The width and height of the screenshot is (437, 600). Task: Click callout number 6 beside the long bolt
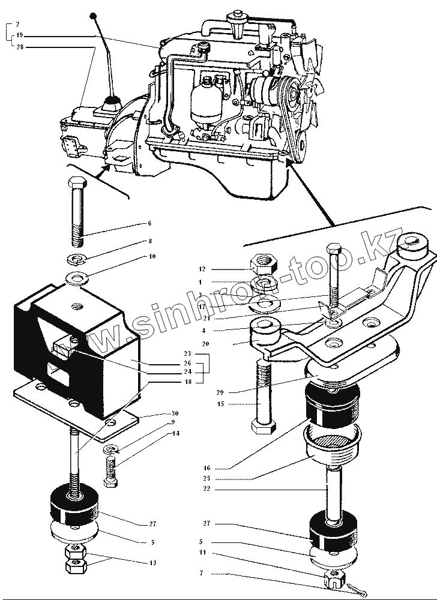click(149, 223)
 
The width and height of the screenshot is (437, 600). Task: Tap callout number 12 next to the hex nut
click(202, 269)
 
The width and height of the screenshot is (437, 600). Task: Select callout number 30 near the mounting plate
click(175, 413)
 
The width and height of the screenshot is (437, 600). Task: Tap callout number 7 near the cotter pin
click(201, 573)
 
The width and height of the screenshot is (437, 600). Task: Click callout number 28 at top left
click(20, 46)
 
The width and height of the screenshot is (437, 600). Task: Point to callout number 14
click(175, 432)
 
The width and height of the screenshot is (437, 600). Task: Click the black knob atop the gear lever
click(93, 14)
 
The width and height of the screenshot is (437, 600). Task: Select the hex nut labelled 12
click(264, 262)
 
